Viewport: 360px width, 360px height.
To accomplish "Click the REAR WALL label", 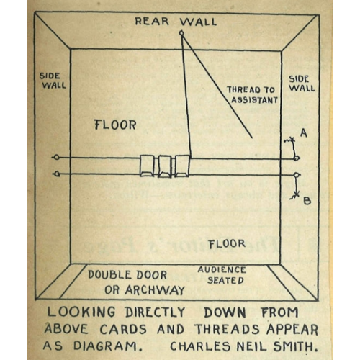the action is (x=176, y=22).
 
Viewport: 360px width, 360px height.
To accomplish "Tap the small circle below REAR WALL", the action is (x=182, y=33).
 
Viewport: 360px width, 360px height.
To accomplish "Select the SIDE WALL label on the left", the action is (x=53, y=81).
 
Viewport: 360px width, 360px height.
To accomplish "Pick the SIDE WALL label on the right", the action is (x=302, y=84).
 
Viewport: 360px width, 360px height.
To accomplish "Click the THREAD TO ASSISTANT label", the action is (x=253, y=95).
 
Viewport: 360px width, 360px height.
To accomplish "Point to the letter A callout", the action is (x=304, y=132).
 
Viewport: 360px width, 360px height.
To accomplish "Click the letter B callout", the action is (x=307, y=201).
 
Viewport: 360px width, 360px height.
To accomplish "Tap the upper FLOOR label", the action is (x=115, y=125).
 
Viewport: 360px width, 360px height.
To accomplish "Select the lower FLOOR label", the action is (x=227, y=244).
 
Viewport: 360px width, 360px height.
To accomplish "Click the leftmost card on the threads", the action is (x=148, y=166).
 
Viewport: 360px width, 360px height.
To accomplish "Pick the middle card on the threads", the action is (x=165, y=166).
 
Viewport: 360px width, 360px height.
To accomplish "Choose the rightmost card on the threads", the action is (x=182, y=166).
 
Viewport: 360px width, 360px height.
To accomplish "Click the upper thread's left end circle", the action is (x=56, y=158).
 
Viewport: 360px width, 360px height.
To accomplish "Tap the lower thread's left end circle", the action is (x=57, y=174).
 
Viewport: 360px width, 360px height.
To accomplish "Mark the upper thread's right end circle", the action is (x=297, y=158).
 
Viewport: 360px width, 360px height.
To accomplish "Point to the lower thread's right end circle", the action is (x=297, y=175).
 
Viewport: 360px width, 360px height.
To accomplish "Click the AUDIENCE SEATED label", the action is (x=222, y=275).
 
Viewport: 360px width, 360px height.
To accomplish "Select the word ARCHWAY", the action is (x=155, y=290).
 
